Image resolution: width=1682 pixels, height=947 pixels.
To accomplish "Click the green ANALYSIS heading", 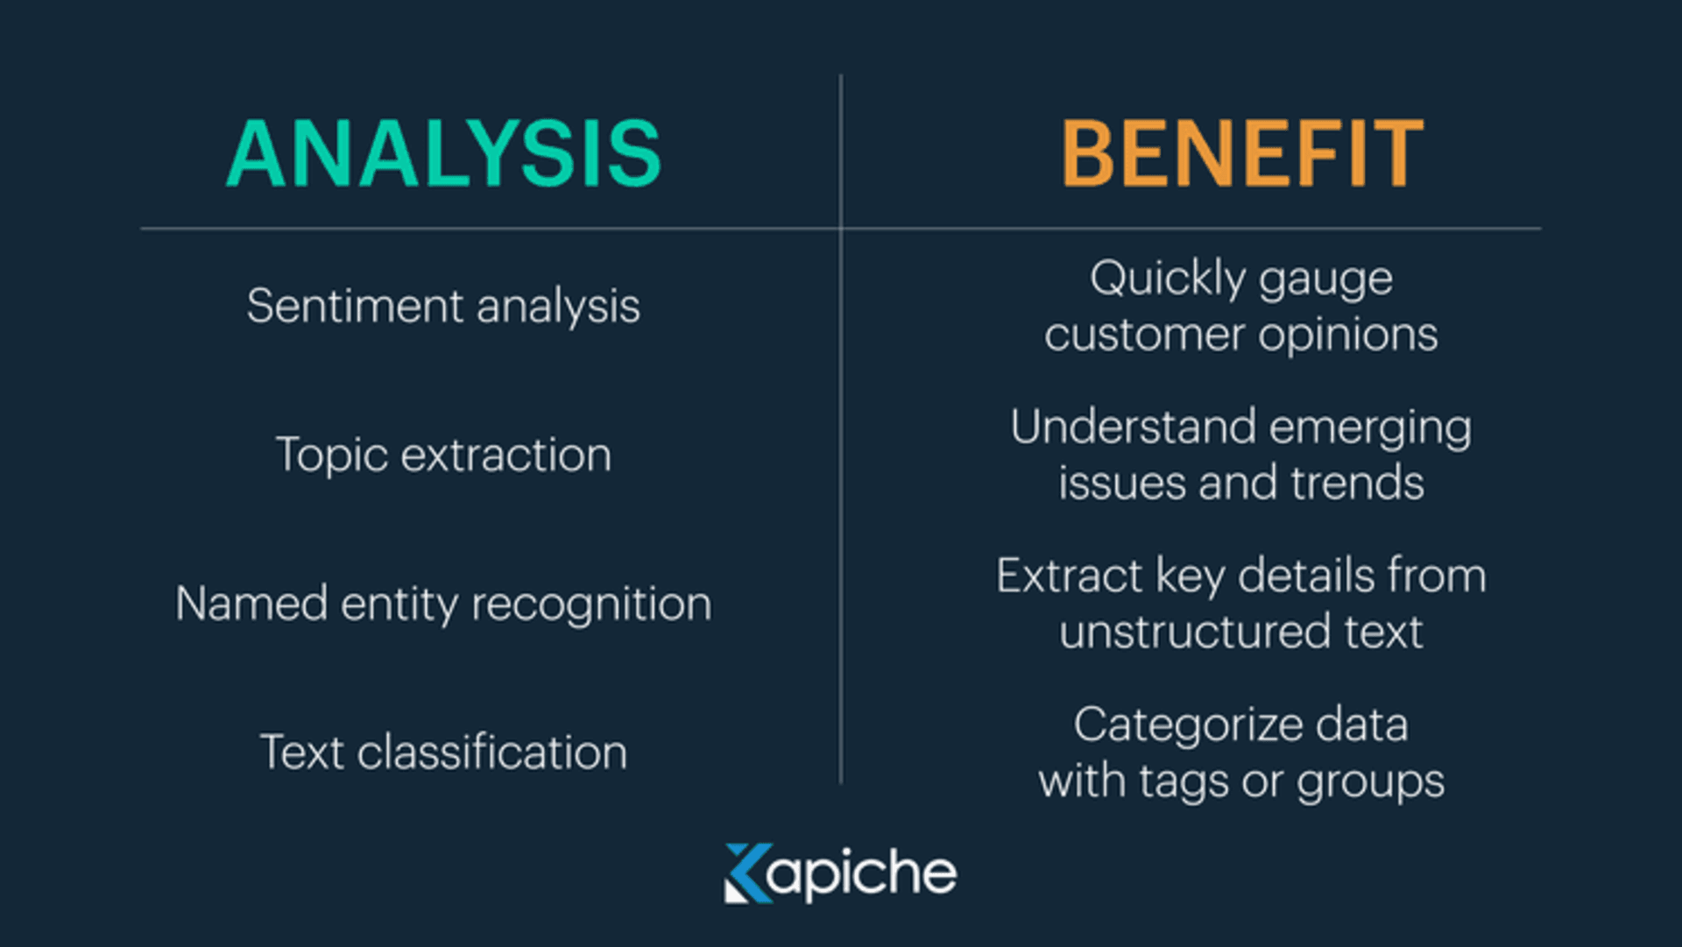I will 443,154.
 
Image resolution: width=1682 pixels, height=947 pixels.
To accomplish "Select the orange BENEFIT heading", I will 1242,154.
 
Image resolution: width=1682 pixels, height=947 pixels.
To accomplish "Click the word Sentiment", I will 355,307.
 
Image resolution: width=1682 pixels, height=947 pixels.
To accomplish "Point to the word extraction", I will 506,456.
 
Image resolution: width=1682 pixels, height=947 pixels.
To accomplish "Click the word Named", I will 251,604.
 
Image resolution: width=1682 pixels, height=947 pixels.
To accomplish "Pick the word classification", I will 492,753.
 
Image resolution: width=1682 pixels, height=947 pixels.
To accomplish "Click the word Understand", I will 1134,428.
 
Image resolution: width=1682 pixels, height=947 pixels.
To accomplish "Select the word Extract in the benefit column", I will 1069,576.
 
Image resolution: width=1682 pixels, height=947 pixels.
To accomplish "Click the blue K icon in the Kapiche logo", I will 747,873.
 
